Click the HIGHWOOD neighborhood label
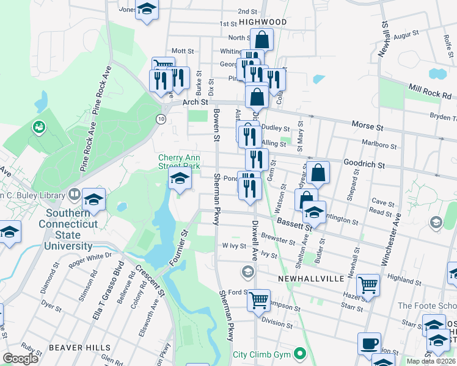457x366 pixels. (x=263, y=21)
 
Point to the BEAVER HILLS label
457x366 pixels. (x=74, y=347)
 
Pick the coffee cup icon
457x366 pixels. (x=369, y=343)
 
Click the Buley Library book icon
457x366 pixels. (x=74, y=195)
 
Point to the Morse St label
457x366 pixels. (x=367, y=126)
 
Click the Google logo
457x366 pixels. (x=20, y=358)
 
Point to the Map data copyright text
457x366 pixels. (x=431, y=361)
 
